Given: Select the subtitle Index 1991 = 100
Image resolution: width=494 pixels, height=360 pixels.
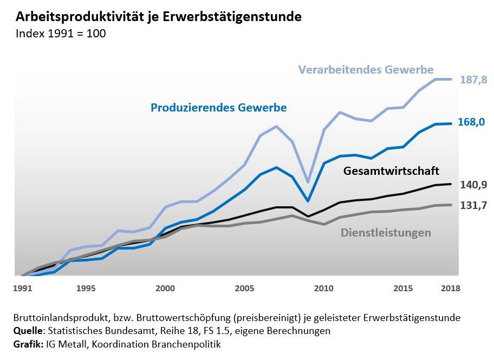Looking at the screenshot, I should (x=61, y=33).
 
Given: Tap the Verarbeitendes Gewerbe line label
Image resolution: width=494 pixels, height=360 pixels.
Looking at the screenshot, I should (x=366, y=70).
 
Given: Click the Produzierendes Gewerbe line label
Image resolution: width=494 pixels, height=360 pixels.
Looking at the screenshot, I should (x=218, y=108).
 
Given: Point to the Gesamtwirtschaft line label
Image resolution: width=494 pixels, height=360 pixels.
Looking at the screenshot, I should (x=391, y=171).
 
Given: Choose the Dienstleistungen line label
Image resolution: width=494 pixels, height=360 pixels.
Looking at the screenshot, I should (x=386, y=233).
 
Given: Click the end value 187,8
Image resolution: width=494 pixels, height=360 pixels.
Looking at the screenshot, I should (x=473, y=80).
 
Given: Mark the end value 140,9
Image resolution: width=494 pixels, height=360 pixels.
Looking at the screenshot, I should (x=473, y=185).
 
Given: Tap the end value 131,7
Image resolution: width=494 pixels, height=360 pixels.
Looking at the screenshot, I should (x=473, y=205).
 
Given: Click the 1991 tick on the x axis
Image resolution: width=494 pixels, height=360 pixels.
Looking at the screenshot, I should (x=22, y=289).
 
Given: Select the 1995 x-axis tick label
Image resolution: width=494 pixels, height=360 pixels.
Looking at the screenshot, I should (x=86, y=289).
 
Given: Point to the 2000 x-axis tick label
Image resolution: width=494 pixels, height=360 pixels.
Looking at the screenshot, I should (x=165, y=289).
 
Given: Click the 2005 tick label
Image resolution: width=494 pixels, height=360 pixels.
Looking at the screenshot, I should (x=245, y=289).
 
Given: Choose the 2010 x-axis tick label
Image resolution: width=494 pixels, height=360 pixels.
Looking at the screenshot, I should (x=324, y=289).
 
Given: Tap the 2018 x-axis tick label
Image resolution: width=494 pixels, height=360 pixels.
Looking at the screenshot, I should (x=451, y=289).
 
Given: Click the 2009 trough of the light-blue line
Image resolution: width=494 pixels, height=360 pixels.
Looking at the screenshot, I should (x=308, y=182).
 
